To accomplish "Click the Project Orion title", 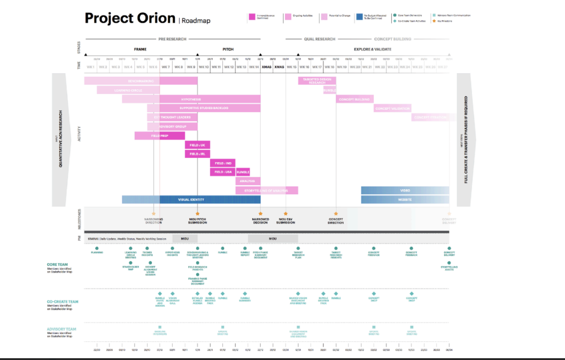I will pos(130,18).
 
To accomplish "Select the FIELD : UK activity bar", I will pos(197,145).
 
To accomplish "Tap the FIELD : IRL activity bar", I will pos(197,154).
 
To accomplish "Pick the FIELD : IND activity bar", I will pos(223,163).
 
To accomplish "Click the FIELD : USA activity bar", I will pos(223,172).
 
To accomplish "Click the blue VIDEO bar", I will pos(405,190).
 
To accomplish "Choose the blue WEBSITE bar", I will pos(405,200).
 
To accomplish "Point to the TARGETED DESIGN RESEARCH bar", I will pos(317,81).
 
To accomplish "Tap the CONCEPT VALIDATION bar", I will pos(392,109).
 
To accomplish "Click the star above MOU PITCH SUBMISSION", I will pos(197,214).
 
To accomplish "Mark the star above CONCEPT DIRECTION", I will pos(336,214).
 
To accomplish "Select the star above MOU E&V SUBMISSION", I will pos(286,214).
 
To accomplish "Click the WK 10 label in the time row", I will pos(204,67).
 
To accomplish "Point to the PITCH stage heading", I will pos(228,49).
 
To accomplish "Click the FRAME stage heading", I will pos(140,49).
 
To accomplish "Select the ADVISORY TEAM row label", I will pos(62,329).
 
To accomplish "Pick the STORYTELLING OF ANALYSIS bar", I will pos(266,191).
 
